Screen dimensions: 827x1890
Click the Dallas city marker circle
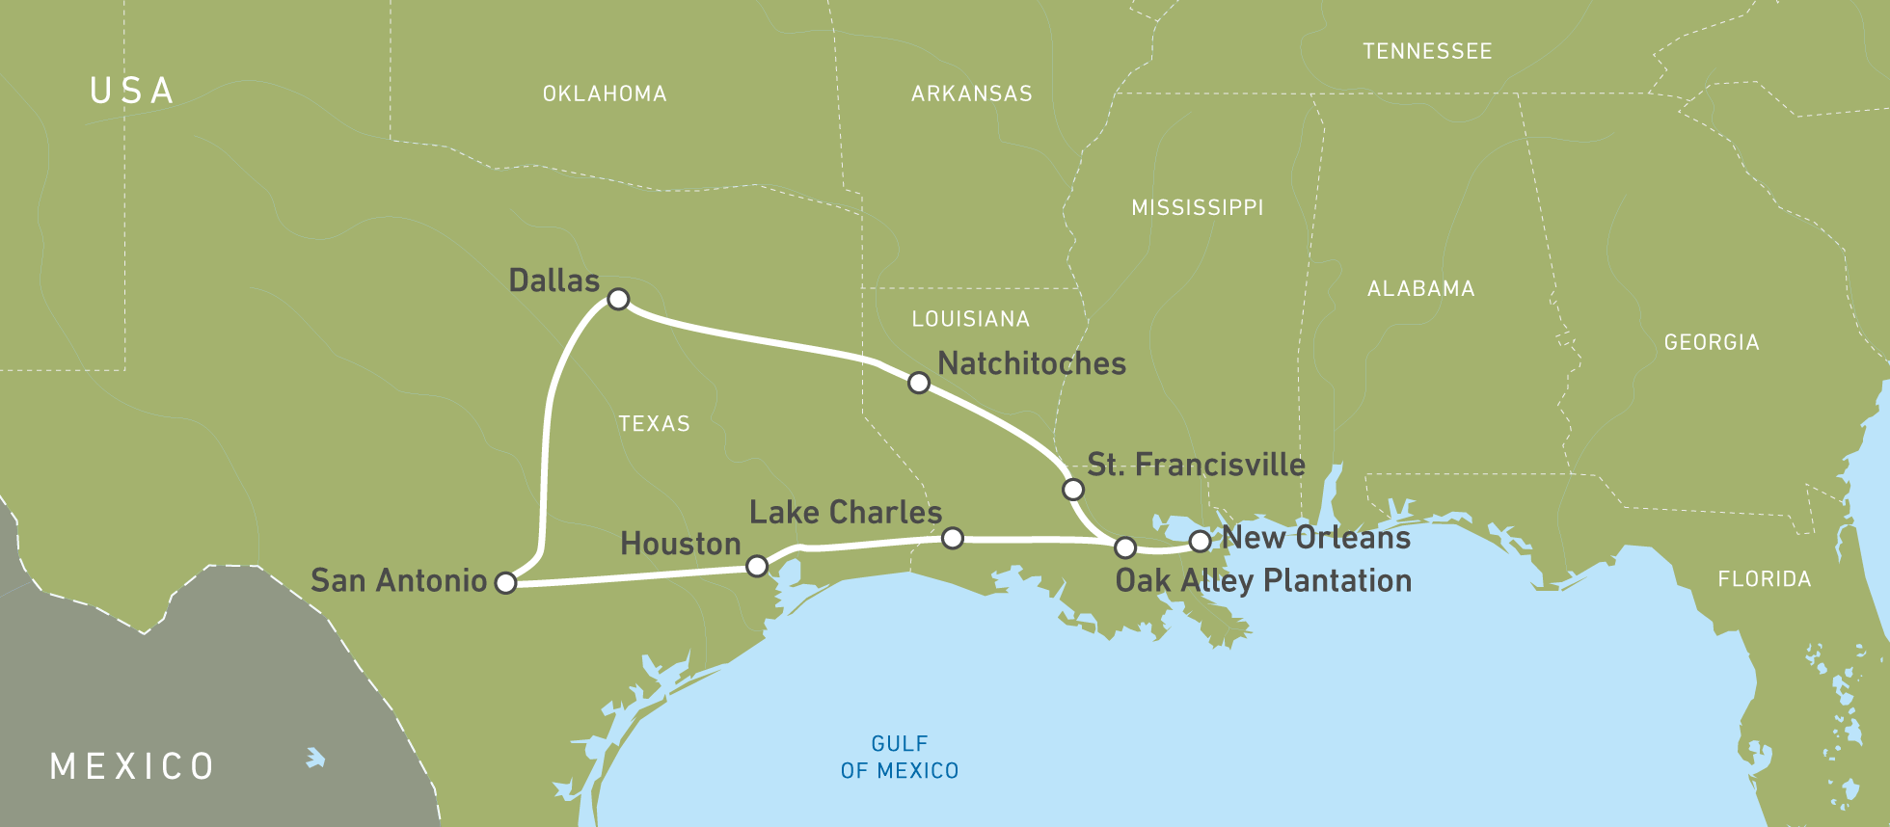pos(618,299)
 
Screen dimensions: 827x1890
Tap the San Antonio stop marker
pos(505,582)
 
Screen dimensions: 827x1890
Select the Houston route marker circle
pos(757,566)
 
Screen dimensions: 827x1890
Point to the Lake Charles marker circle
pos(952,538)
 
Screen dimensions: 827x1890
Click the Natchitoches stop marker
pos(919,383)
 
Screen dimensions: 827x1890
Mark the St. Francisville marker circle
pos(1072,490)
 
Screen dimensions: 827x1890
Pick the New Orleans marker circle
pos(1200,541)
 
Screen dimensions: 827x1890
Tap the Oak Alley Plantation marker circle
pos(1124,547)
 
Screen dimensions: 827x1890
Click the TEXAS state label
pos(654,424)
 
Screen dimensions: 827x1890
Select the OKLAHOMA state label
pos(605,93)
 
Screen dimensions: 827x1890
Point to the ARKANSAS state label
pos(971,93)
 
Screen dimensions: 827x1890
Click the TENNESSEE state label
pos(1427,51)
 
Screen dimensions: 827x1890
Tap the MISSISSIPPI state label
pos(1197,207)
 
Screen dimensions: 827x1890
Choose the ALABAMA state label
pos(1420,288)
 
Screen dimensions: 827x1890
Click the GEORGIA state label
pos(1712,342)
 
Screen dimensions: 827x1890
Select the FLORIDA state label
pos(1764,579)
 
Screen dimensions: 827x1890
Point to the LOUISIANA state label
pos(970,319)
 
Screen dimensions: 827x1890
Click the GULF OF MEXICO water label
pos(899,757)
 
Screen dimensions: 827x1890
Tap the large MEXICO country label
pos(132,766)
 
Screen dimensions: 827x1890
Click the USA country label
pos(132,91)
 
